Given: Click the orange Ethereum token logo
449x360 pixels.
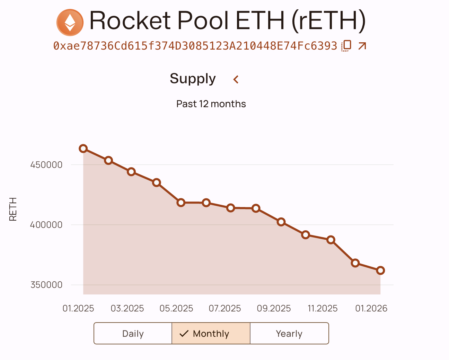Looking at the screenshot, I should (x=70, y=22).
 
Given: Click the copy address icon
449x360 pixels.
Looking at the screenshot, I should (x=346, y=46).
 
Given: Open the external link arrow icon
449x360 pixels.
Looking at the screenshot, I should (x=362, y=46).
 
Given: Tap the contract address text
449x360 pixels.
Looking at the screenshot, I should (x=195, y=46).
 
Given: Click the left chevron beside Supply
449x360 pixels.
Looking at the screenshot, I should (x=236, y=79).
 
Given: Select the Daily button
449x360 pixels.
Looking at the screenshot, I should (x=133, y=334).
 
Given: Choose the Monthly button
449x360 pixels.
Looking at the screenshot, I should (x=211, y=334).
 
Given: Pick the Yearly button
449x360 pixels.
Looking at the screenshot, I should (x=289, y=334).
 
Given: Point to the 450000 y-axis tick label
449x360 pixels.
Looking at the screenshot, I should (x=46, y=165).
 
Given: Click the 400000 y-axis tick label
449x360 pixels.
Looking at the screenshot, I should (x=46, y=225).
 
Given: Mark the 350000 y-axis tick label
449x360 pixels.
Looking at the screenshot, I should (x=46, y=285).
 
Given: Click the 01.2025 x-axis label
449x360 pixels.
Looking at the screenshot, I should (x=78, y=308).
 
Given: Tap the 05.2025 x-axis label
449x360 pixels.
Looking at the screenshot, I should (x=176, y=308).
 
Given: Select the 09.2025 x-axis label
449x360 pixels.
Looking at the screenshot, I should (x=274, y=308).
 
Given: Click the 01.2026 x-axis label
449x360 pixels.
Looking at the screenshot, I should (x=371, y=308).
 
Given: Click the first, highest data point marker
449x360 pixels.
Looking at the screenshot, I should (x=83, y=148).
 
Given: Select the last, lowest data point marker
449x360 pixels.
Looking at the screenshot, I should (x=380, y=271).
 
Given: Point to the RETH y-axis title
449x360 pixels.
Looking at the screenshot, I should (x=13, y=209).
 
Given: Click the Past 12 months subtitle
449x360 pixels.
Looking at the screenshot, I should (x=211, y=104).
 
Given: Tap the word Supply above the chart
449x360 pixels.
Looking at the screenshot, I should (x=193, y=79).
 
